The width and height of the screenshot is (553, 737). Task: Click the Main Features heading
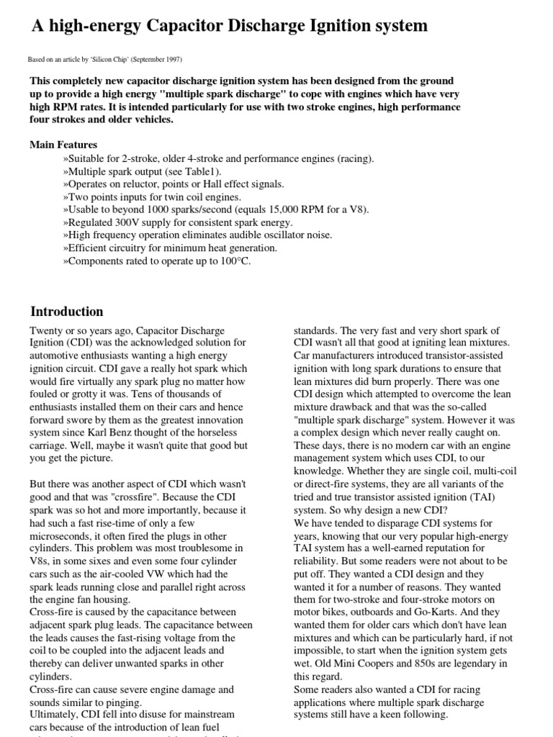pyautogui.click(x=63, y=145)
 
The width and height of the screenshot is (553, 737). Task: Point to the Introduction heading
pyautogui.click(x=66, y=312)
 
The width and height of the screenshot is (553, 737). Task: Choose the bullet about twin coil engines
pyautogui.click(x=152, y=196)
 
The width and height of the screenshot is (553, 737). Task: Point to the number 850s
pyautogui.click(x=433, y=664)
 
